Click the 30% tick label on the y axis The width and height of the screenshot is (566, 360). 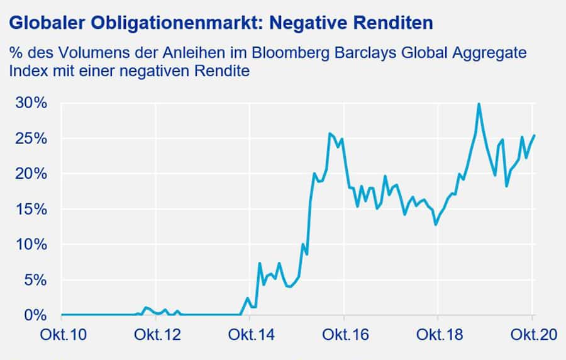30,103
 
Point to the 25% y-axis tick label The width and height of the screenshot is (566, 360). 30,138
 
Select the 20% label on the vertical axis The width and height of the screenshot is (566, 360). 30,173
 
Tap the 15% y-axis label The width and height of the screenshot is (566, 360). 30,209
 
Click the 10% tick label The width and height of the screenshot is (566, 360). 30,244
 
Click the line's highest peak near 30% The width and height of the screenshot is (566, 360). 479,104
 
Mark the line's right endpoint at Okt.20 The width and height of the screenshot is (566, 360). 534,135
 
